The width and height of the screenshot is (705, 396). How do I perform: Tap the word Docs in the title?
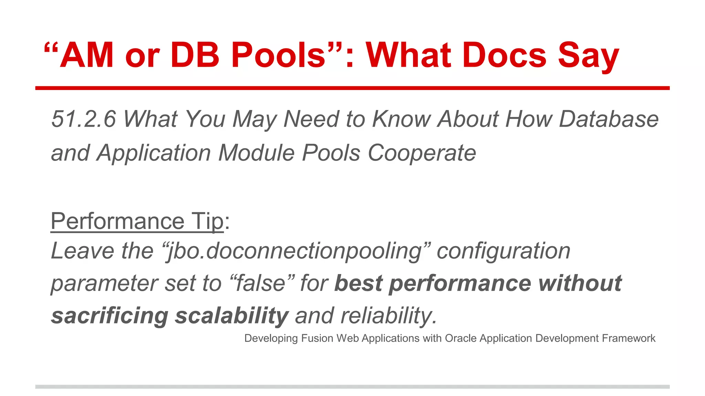click(504, 55)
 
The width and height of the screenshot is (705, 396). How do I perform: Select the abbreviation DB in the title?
click(195, 55)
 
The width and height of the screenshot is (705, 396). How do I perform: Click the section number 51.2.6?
click(84, 119)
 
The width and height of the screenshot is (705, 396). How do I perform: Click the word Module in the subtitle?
click(256, 153)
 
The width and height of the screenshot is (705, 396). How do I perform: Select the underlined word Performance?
click(117, 221)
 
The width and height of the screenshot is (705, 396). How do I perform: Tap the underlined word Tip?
click(208, 221)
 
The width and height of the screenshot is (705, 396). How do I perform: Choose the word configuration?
click(503, 251)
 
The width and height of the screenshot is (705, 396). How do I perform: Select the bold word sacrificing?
click(110, 316)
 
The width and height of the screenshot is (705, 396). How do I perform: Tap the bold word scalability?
click(231, 316)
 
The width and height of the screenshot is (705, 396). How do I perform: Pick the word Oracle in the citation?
click(461, 338)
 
